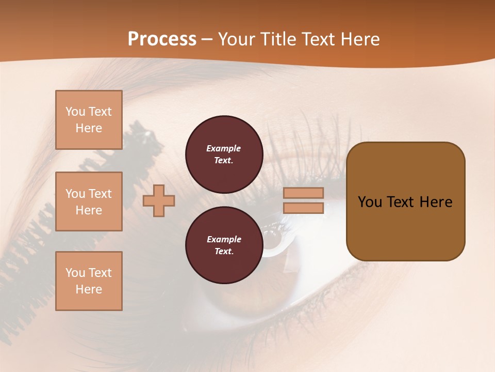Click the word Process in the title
tap(162, 39)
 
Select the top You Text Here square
tap(89, 120)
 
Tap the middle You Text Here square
tap(89, 202)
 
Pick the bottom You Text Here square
tap(89, 281)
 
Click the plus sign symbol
tap(159, 200)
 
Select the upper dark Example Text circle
tap(223, 154)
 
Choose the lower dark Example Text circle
tap(223, 245)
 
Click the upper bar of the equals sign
tap(304, 193)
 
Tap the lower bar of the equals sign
tap(304, 208)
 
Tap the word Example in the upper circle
tap(223, 148)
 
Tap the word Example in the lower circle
tap(223, 239)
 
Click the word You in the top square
tap(75, 112)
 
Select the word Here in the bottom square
tap(89, 289)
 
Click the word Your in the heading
tap(236, 39)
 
